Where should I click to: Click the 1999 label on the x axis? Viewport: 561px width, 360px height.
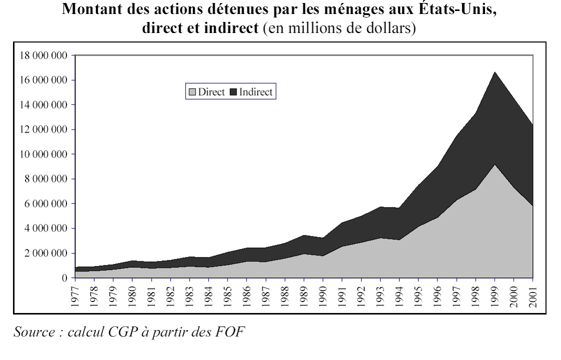click(495, 294)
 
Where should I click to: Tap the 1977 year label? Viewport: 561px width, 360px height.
click(75, 294)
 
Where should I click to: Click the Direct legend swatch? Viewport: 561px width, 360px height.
click(192, 92)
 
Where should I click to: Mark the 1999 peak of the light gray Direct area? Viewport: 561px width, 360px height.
click(495, 164)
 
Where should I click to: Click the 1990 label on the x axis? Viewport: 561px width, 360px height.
click(323, 294)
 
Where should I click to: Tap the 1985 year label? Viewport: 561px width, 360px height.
click(227, 294)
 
